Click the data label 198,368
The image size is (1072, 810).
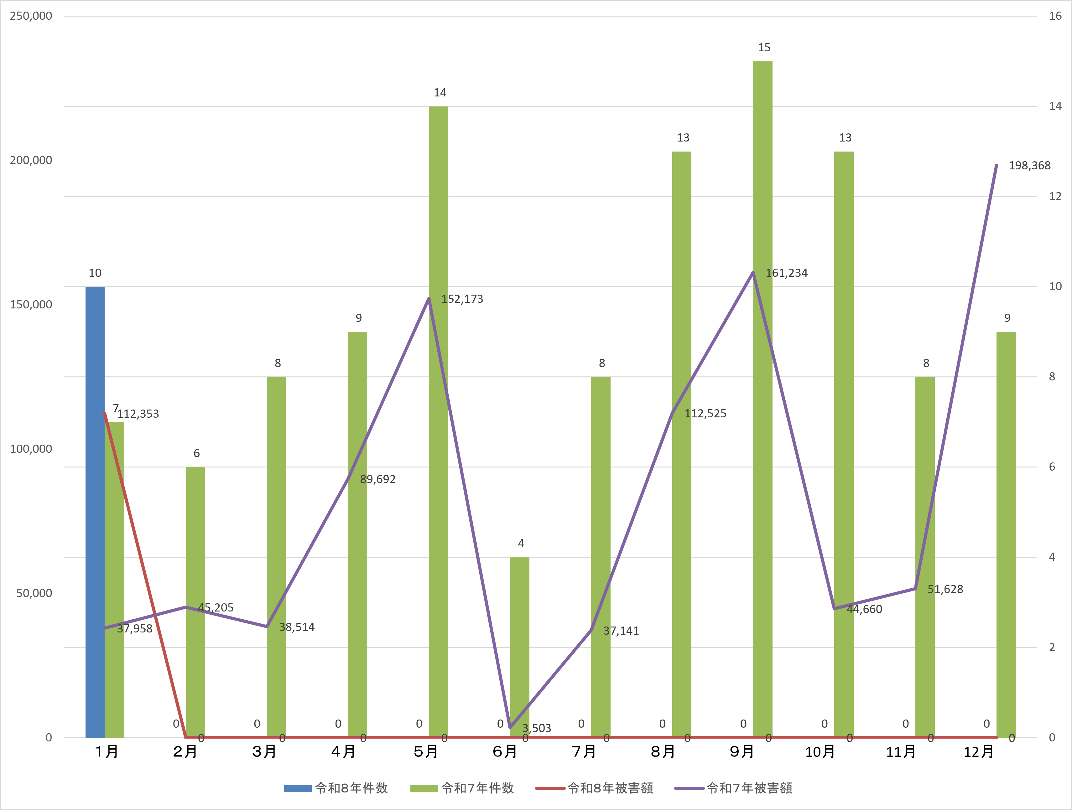[x=1029, y=166]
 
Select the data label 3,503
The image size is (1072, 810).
[x=537, y=728]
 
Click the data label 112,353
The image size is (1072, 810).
[x=138, y=414]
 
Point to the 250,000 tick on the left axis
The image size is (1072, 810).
[x=31, y=16]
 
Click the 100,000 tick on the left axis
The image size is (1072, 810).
[x=31, y=449]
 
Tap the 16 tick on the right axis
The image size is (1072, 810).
[x=1055, y=16]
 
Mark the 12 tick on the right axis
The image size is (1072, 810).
[x=1055, y=196]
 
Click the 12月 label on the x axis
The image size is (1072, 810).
[x=978, y=752]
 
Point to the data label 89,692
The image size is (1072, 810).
[x=377, y=480]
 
